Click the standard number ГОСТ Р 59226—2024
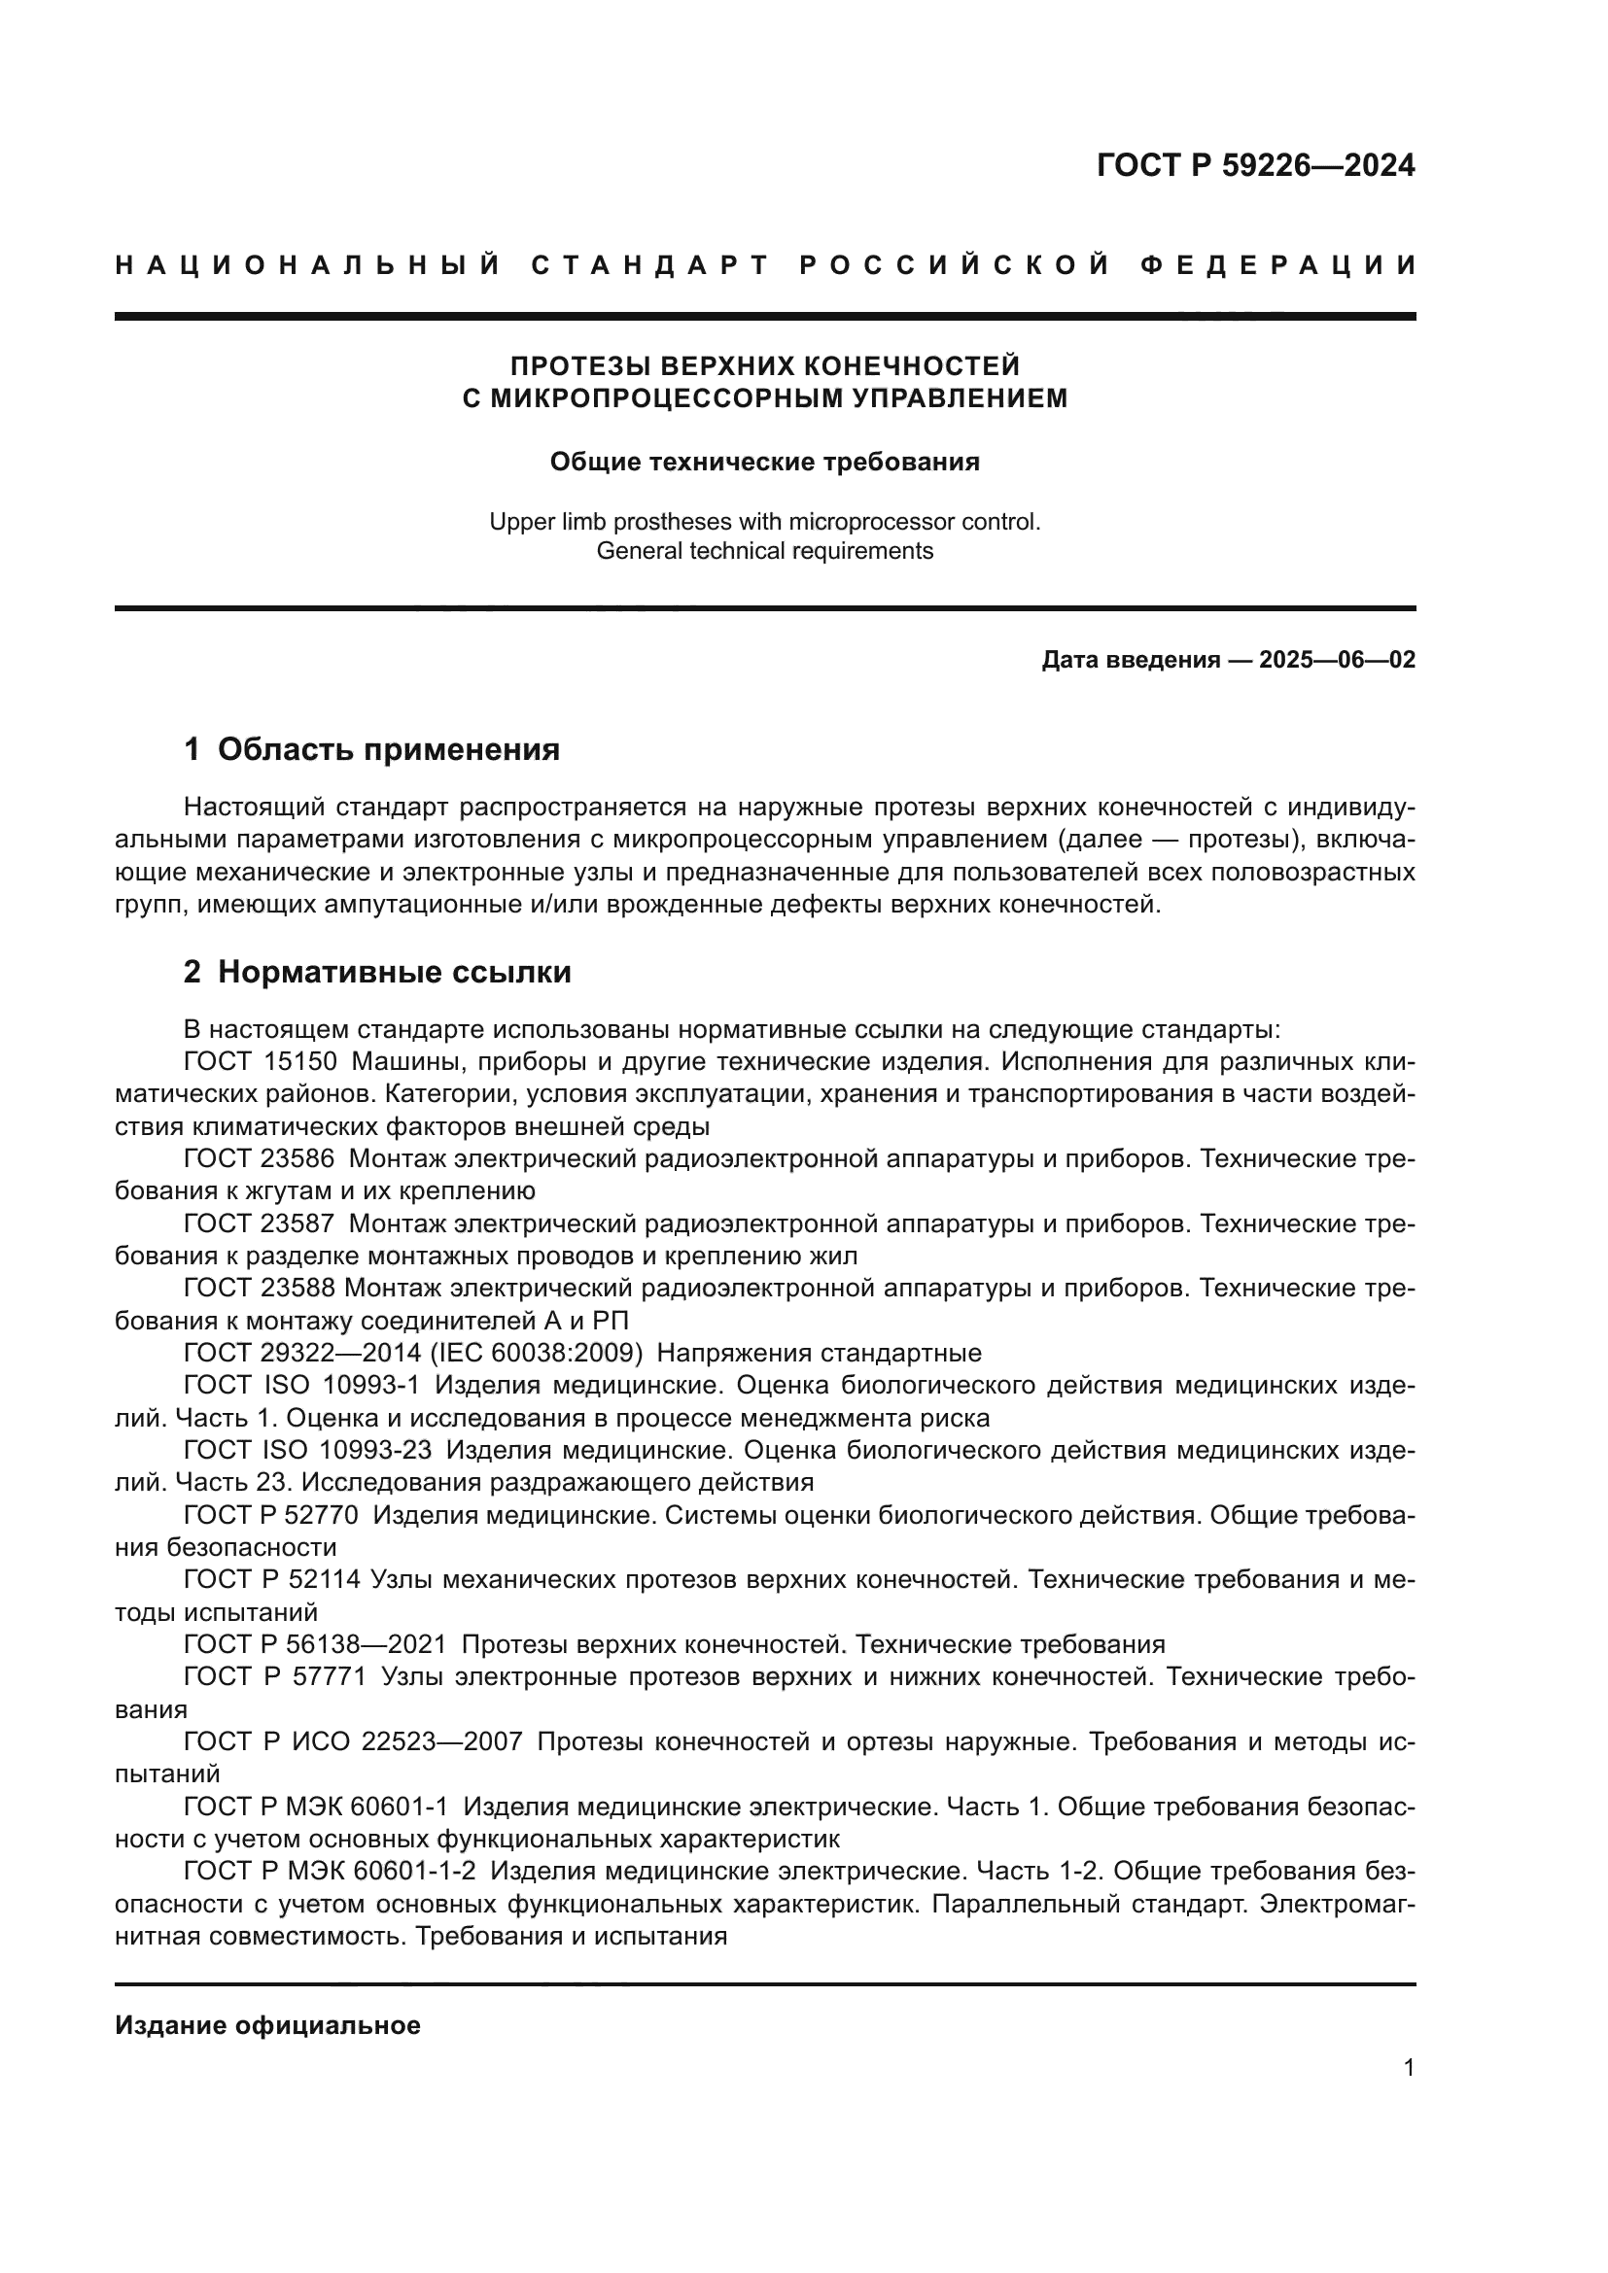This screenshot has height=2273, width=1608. [1254, 164]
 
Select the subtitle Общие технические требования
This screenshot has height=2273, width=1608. [764, 462]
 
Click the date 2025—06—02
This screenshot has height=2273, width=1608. [1337, 659]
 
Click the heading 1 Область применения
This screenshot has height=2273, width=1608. [371, 749]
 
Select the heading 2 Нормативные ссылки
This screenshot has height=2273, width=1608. [377, 972]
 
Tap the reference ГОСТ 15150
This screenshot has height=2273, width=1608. [261, 1062]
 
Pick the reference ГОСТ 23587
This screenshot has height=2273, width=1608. [260, 1224]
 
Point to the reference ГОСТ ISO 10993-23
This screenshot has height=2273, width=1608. [308, 1450]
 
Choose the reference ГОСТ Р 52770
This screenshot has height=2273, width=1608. [272, 1515]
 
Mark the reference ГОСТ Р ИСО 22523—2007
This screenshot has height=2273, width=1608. [353, 1741]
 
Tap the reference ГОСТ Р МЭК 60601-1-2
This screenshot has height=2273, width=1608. [330, 1871]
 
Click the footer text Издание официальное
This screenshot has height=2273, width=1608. [267, 2025]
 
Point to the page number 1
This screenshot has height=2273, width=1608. [1408, 2068]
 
